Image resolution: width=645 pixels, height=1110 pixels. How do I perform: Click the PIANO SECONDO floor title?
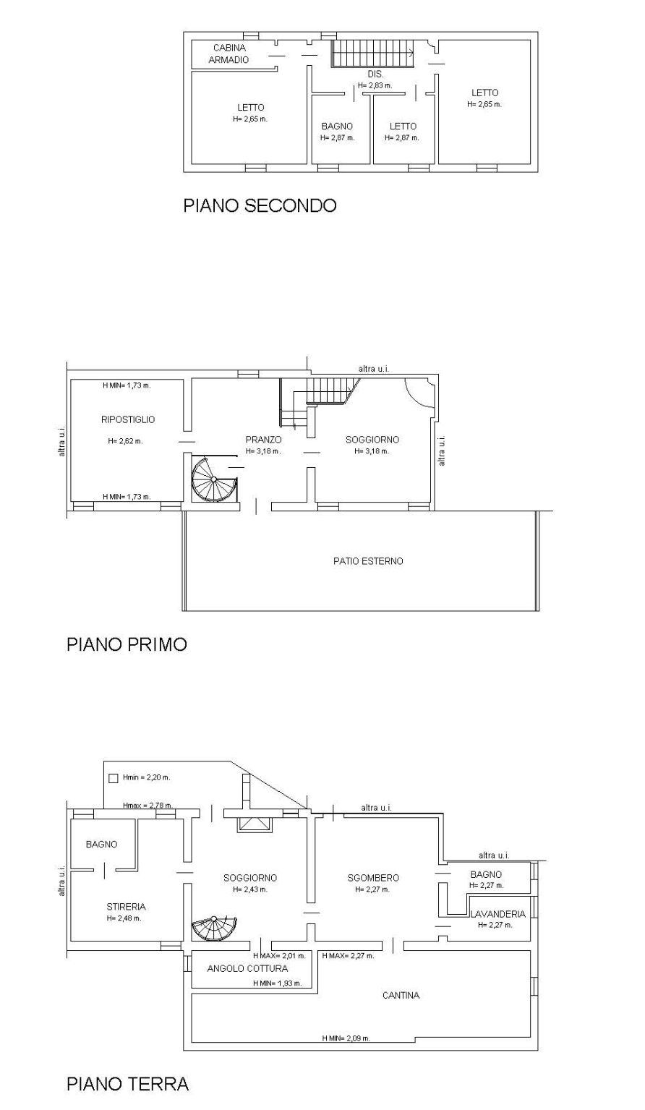(260, 205)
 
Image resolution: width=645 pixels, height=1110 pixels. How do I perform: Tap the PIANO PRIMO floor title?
(127, 644)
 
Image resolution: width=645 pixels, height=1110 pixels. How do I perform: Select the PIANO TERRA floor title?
(128, 1084)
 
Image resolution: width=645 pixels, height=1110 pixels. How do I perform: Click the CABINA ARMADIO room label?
(229, 54)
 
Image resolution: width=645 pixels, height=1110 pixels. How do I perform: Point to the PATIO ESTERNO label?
(368, 561)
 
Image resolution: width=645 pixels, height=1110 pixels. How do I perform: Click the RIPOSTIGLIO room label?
(128, 419)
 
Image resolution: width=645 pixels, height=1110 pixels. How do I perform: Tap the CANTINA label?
(401, 995)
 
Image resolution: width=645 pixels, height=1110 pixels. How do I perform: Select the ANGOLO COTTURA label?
(248, 968)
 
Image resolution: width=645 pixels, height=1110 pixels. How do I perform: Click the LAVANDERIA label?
(498, 914)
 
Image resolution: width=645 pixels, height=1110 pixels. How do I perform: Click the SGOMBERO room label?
(373, 878)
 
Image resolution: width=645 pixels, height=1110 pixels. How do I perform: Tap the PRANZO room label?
(263, 440)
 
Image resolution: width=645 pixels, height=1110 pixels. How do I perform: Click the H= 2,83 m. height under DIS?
(375, 85)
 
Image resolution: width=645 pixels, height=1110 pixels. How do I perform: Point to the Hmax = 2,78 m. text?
(148, 806)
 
